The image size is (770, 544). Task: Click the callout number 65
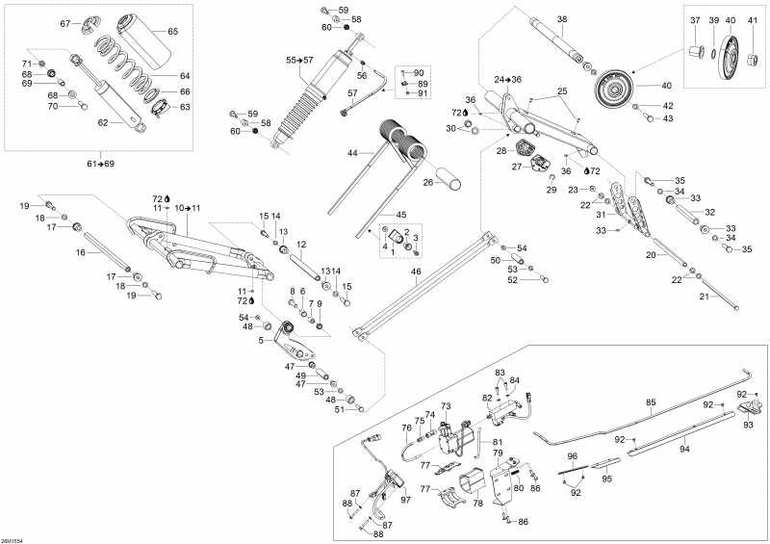pyautogui.click(x=172, y=32)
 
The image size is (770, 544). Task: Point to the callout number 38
pyautogui.click(x=562, y=19)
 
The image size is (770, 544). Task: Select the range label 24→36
pyautogui.click(x=507, y=79)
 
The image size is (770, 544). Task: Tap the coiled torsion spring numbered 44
pyautogui.click(x=398, y=137)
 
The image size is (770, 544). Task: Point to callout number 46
pyautogui.click(x=416, y=272)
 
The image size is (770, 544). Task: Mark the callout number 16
pyautogui.click(x=81, y=252)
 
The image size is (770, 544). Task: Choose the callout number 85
pyautogui.click(x=651, y=402)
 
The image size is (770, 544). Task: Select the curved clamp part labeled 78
pyautogui.click(x=474, y=479)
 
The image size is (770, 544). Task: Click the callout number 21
pyautogui.click(x=703, y=297)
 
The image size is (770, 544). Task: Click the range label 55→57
pyautogui.click(x=299, y=61)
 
